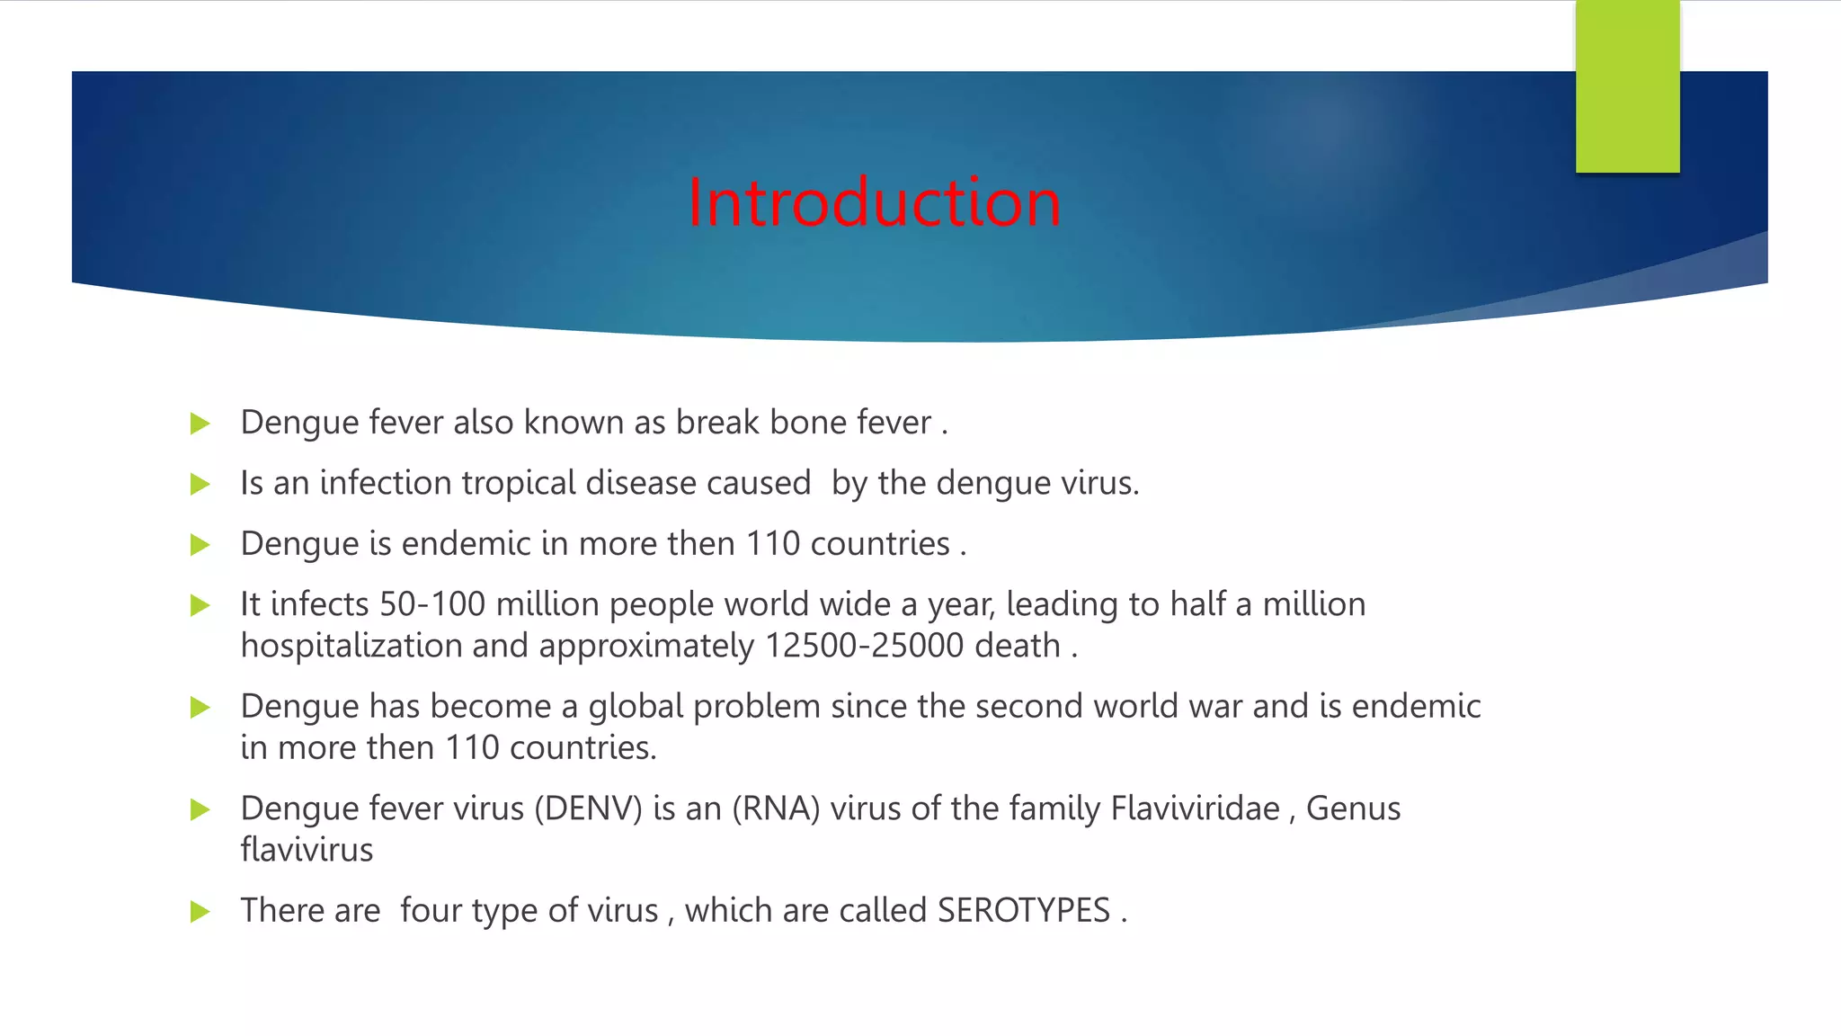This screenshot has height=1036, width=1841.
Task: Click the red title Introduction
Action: (x=874, y=202)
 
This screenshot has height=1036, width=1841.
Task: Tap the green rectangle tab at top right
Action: (x=1627, y=86)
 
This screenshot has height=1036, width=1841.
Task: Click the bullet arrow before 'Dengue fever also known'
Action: (x=200, y=424)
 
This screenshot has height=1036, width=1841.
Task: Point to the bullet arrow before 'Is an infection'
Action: (x=200, y=485)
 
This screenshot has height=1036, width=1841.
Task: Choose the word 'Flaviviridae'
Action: (x=1195, y=808)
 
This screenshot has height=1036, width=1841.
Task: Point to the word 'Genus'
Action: (x=1353, y=808)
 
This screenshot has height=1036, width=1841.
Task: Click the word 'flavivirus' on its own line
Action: (x=307, y=850)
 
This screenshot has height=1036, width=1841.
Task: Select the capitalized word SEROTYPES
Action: (x=1024, y=911)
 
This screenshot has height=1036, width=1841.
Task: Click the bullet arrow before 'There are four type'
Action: (x=200, y=912)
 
